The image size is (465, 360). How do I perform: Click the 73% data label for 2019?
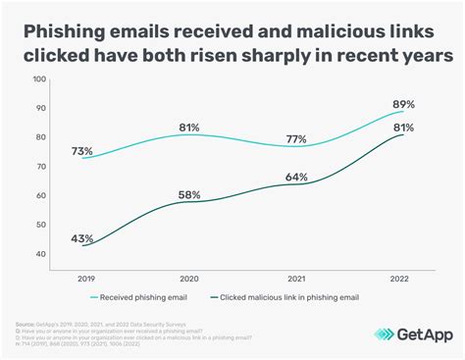pos(81,150)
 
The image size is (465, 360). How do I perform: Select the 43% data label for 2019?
pos(81,238)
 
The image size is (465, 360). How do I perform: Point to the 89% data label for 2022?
pos(404,104)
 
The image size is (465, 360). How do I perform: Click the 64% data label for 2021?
pos(297,178)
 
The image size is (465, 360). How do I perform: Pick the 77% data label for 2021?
pos(297,138)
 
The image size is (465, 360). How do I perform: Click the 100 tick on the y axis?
pos(38,79)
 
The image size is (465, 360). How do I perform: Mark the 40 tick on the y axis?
pos(40,254)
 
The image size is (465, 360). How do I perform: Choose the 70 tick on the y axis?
pos(40,167)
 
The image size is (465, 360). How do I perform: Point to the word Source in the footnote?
pos(25,323)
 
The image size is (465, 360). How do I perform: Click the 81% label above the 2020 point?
pos(189,127)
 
